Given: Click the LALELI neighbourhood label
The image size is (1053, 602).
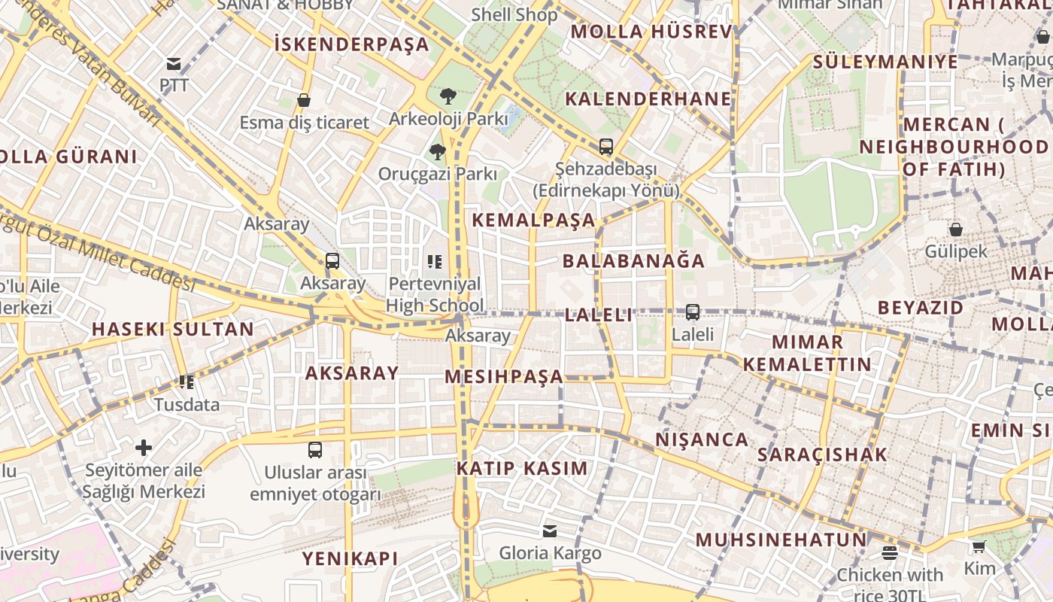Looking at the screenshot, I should tap(599, 315).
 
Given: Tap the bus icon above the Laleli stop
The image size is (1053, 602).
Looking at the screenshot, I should tap(693, 312).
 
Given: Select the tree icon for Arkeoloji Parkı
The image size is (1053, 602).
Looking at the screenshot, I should tap(448, 96).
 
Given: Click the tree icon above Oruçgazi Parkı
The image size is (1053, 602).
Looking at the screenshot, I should tap(437, 152).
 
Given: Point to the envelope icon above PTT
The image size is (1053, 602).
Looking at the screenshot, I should tap(174, 64).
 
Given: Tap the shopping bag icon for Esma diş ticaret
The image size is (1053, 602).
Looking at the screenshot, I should tap(304, 100).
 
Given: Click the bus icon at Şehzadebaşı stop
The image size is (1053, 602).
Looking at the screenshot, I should tap(605, 147).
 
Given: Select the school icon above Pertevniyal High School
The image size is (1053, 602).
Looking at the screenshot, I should tap(434, 262).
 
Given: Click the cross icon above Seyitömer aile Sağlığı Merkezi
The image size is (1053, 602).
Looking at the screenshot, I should tap(143, 448).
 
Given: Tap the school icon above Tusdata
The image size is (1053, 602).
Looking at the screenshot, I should tap(187, 382).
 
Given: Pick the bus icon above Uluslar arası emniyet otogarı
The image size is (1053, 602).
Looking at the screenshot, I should tap(315, 451).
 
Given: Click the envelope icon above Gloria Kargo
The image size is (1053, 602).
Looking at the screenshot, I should tap(550, 531).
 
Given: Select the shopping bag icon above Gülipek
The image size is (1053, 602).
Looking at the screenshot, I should tap(955, 230).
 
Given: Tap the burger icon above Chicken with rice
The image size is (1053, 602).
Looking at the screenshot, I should tap(890, 554).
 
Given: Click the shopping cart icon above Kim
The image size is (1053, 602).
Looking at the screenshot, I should tap(979, 547).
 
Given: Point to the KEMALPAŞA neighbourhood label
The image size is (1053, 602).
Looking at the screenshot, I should tap(534, 220).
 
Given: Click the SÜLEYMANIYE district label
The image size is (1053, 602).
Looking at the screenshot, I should tap(885, 62).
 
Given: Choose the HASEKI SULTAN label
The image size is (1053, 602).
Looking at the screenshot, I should tap(173, 330).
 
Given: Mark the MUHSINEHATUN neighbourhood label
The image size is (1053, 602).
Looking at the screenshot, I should tap(781, 540).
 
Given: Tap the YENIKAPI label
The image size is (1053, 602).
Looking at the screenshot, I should tap(350, 558).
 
